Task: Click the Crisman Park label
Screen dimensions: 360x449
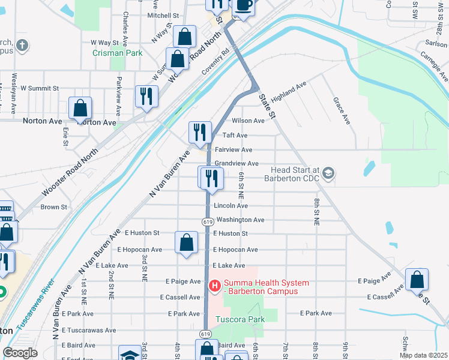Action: click(x=117, y=53)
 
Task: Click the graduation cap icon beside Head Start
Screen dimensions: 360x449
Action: click(x=328, y=173)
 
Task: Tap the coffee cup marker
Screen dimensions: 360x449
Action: click(x=243, y=5)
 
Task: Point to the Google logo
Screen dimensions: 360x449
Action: click(x=20, y=353)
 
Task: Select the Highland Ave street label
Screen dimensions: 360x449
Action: click(x=289, y=92)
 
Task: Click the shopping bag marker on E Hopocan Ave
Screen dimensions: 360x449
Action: click(x=187, y=242)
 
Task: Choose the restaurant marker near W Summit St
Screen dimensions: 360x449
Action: click(x=146, y=96)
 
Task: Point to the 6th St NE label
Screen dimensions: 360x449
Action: click(x=241, y=185)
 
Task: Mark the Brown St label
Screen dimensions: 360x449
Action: click(x=53, y=207)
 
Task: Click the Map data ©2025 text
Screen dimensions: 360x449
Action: click(x=424, y=355)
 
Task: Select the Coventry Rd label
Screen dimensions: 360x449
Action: click(x=216, y=62)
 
